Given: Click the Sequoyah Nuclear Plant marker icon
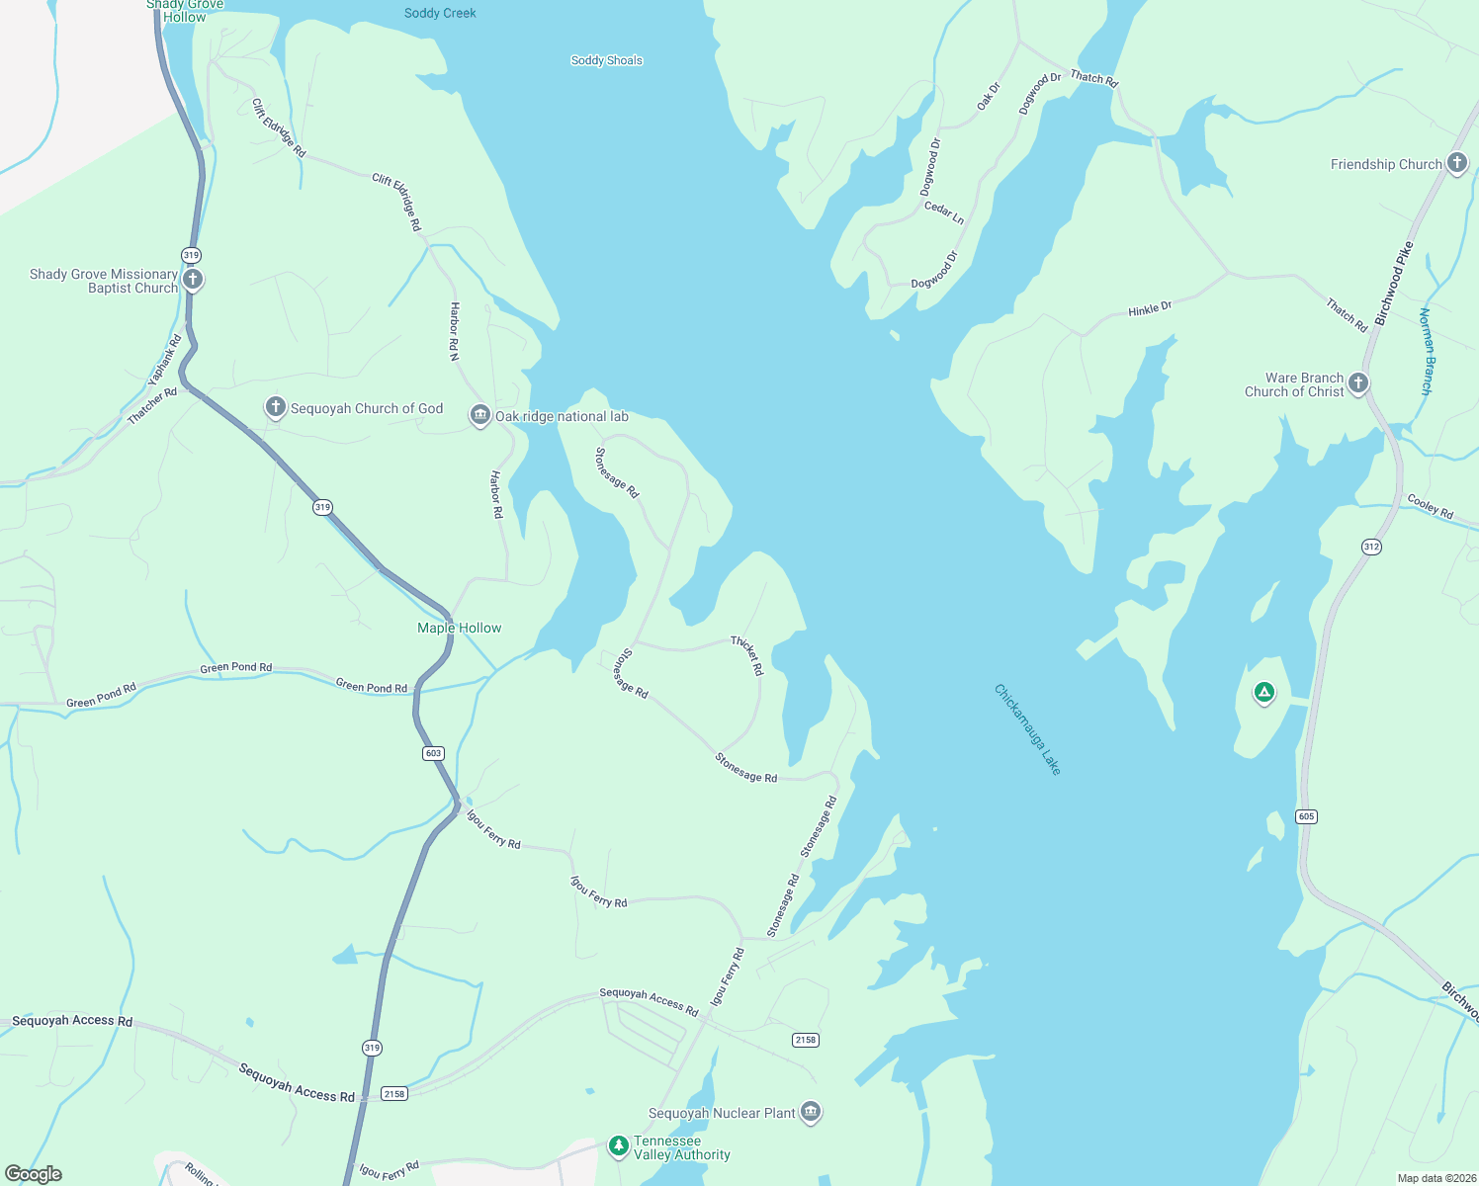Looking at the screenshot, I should pyautogui.click(x=811, y=1112).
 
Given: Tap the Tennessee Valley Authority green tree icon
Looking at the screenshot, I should pyautogui.click(x=618, y=1145).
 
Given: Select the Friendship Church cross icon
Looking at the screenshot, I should pyautogui.click(x=1456, y=163).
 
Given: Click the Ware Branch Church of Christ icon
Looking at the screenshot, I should pyautogui.click(x=1358, y=383).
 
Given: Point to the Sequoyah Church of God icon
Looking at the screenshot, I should pyautogui.click(x=275, y=407).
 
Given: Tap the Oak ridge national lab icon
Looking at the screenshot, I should pyautogui.click(x=479, y=415).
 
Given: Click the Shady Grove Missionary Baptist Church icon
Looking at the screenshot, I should pyautogui.click(x=193, y=280).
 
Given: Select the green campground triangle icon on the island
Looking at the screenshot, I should pyautogui.click(x=1263, y=693).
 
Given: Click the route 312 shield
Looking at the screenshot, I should pyautogui.click(x=1370, y=547).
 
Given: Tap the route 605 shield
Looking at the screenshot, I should pyautogui.click(x=1306, y=816).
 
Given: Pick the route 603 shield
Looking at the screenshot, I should pyautogui.click(x=433, y=753).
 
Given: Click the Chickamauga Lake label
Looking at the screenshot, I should pyautogui.click(x=1027, y=729).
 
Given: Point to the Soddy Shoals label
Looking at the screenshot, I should pyautogui.click(x=606, y=60).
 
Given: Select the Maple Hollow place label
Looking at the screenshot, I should pyautogui.click(x=459, y=628).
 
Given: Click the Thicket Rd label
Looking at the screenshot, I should pyautogui.click(x=747, y=655).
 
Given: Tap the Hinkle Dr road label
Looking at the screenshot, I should pyautogui.click(x=1150, y=309).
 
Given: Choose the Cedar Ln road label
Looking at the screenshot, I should pyautogui.click(x=943, y=212).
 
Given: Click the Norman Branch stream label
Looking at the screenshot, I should pyautogui.click(x=1425, y=352).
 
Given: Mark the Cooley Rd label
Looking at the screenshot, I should pyautogui.click(x=1430, y=506).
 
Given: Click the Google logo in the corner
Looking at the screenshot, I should pyautogui.click(x=34, y=1174).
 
